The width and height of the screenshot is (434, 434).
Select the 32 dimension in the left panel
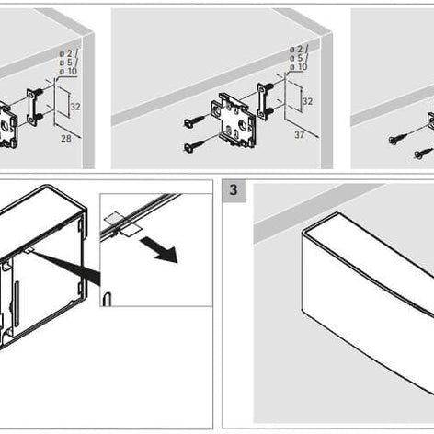(x=75, y=107)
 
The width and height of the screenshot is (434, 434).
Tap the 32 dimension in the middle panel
(x=307, y=101)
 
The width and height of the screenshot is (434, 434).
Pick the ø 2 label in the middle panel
(x=297, y=48)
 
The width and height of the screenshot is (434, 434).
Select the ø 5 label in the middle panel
(x=297, y=58)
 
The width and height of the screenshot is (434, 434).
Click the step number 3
(x=234, y=190)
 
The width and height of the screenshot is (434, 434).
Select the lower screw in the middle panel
(x=194, y=145)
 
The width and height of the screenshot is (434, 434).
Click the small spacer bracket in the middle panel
(x=266, y=99)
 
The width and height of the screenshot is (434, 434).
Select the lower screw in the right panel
(x=422, y=153)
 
